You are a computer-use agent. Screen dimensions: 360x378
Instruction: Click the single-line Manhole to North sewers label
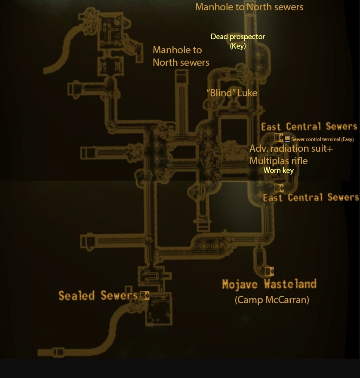[249, 7]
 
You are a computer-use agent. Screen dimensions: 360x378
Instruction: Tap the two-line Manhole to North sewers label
[181, 56]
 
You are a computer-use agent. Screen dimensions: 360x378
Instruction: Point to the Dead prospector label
[237, 37]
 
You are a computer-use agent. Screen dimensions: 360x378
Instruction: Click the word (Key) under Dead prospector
[237, 46]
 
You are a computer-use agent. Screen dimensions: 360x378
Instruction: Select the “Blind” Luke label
[232, 93]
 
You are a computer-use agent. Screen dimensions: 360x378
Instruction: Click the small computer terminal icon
[287, 139]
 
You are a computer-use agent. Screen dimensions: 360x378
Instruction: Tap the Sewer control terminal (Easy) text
[322, 139]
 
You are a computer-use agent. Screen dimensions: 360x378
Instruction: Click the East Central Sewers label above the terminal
[309, 126]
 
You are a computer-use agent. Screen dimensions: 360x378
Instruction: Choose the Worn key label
[278, 170]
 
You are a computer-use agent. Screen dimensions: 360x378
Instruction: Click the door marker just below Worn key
[279, 188]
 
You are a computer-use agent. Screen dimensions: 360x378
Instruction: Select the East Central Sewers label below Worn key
[311, 197]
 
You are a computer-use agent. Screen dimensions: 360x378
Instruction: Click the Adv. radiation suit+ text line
[291, 149]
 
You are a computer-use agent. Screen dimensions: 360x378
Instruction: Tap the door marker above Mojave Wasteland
[269, 271]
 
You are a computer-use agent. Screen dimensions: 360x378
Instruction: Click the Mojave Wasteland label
[269, 284]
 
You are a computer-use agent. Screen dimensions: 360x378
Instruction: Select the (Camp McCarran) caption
[272, 300]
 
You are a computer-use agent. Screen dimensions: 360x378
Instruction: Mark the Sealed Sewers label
[98, 295]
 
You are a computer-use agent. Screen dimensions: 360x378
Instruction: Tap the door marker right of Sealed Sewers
[145, 295]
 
